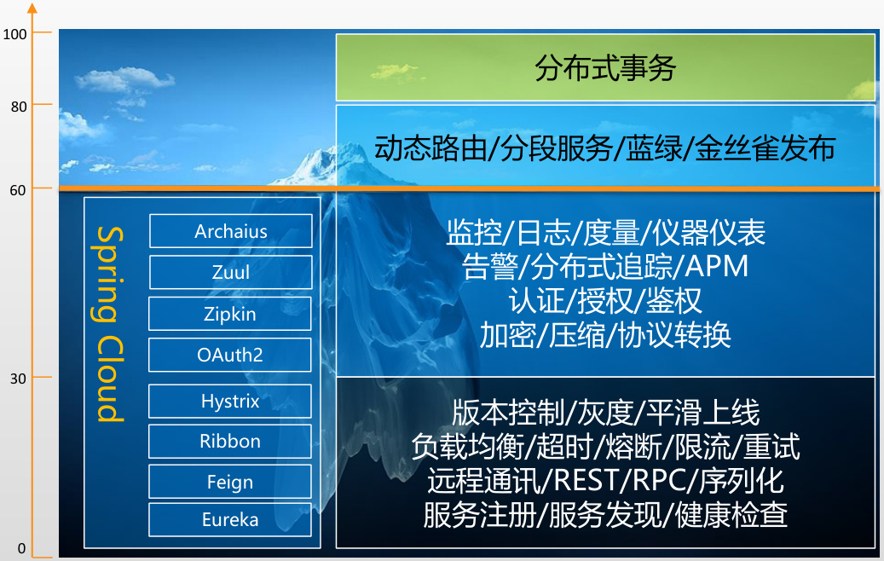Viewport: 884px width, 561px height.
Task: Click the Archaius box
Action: click(x=230, y=230)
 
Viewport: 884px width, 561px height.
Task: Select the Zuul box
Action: click(x=230, y=272)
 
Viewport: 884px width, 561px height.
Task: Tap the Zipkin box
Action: click(x=230, y=314)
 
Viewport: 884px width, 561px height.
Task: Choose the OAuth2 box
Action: click(x=230, y=355)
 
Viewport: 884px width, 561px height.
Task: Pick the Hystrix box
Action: click(x=230, y=401)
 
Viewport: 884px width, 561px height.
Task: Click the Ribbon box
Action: click(x=230, y=441)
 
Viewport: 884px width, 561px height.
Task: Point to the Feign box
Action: click(x=230, y=482)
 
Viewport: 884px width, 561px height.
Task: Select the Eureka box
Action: click(x=230, y=519)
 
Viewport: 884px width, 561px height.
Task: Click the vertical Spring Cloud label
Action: click(x=109, y=324)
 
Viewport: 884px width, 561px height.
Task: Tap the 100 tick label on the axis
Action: click(x=14, y=34)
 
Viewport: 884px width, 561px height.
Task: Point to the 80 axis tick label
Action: click(x=19, y=107)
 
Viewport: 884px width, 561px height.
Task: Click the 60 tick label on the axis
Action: click(x=18, y=191)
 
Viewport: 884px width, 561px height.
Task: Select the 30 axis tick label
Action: click(x=18, y=379)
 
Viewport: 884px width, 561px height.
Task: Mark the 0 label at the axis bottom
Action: click(x=21, y=548)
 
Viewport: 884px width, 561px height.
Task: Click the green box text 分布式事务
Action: click(x=605, y=68)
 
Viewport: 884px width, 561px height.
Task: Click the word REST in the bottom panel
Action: click(x=587, y=480)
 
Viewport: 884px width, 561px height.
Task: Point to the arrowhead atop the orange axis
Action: click(x=32, y=8)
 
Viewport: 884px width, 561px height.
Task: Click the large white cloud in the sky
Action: click(x=123, y=79)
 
